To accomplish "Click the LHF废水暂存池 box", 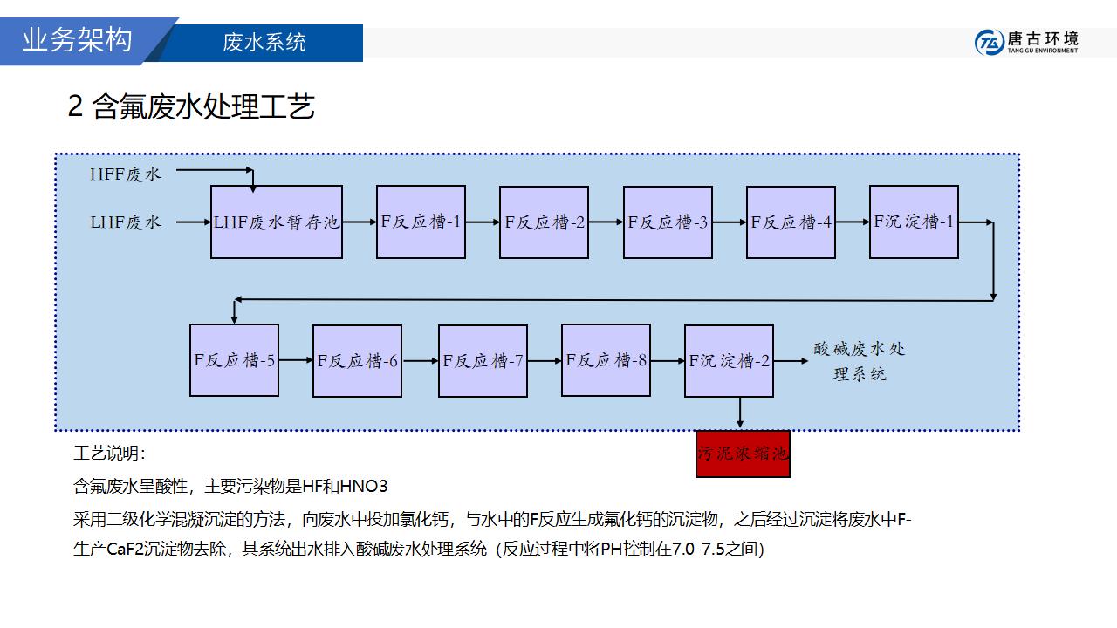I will tap(276, 222).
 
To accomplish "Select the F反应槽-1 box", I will tap(421, 222).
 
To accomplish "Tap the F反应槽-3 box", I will tap(668, 222).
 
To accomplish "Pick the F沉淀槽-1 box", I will tap(914, 222).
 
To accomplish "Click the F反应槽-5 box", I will tap(234, 360).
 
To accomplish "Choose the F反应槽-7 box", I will tap(483, 360).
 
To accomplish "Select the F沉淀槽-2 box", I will tap(729, 360).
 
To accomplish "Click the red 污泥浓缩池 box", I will tap(743, 454).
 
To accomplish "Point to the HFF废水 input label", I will tap(126, 174).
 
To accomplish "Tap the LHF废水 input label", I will tap(126, 222).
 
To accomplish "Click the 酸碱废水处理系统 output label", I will tap(860, 361).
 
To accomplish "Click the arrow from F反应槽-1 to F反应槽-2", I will tap(483, 222).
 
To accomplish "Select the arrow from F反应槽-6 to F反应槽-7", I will tap(421, 360).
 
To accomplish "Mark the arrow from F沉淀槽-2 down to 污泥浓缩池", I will tap(740, 413).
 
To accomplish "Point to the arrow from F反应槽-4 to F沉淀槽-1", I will tap(852, 222).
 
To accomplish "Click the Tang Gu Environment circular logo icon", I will tap(989, 42).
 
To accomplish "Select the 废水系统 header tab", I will tap(264, 43).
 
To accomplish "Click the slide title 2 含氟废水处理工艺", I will tap(191, 106).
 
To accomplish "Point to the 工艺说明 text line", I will tap(110, 454).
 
